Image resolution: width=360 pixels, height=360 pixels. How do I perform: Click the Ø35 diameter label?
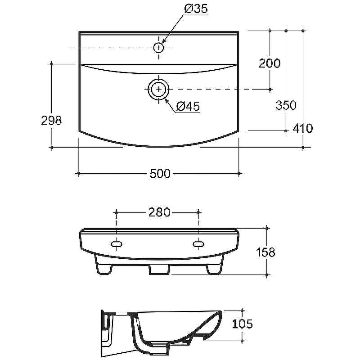196,9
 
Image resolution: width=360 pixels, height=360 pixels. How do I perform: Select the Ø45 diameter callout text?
188,106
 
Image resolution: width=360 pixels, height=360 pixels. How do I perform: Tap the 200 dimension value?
270,63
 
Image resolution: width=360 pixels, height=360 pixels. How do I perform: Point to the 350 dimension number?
286,105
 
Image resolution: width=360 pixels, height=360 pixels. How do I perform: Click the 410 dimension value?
303,128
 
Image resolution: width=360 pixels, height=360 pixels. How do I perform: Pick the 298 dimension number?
51,120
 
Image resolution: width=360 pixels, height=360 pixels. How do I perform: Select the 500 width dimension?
160,174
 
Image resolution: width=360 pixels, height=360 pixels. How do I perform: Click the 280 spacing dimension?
159,212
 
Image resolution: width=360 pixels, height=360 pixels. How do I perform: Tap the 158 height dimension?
265,252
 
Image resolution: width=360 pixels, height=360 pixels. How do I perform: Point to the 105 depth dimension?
243,324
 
